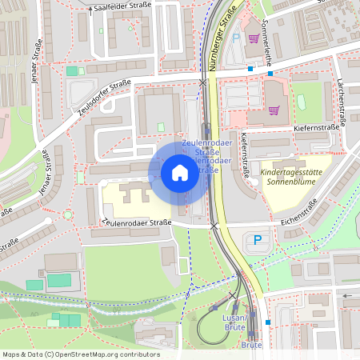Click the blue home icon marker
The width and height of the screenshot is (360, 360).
click(179, 172)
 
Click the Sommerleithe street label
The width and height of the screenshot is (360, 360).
click(269, 56)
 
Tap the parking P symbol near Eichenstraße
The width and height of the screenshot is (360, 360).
click(258, 239)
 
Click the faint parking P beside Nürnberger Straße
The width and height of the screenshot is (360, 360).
click(235, 37)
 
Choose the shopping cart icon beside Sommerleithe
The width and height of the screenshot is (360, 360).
click(254, 38)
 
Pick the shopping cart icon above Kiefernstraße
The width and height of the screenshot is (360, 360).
click(274, 111)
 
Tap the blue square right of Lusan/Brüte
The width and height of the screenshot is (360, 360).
click(268, 322)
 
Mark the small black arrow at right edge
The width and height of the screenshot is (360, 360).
click(347, 296)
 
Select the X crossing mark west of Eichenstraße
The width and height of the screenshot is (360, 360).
click(214, 226)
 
